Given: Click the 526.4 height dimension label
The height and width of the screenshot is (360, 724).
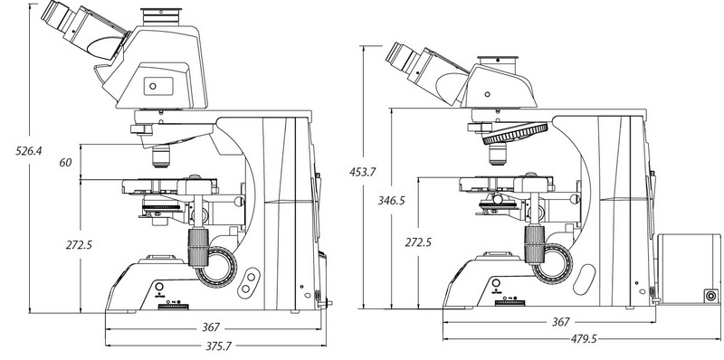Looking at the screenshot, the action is (29, 150).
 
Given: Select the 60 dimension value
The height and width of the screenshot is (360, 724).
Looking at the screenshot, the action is (65, 163).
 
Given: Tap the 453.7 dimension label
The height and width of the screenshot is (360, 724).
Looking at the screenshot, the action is (363, 172).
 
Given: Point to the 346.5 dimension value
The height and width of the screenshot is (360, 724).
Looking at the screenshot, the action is (391, 200).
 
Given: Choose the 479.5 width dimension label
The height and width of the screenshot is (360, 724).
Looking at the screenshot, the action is (584, 339).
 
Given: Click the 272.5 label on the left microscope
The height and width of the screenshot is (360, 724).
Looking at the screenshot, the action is (79, 244).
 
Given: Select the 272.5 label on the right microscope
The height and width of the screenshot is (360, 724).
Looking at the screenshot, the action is (418, 242).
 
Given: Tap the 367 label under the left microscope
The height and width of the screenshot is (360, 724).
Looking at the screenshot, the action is (211, 327).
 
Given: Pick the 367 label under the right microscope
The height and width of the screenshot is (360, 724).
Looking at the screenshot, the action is (561, 322).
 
